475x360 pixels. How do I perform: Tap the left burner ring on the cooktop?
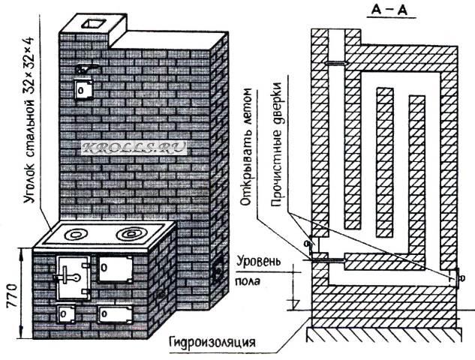pos(79,235)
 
